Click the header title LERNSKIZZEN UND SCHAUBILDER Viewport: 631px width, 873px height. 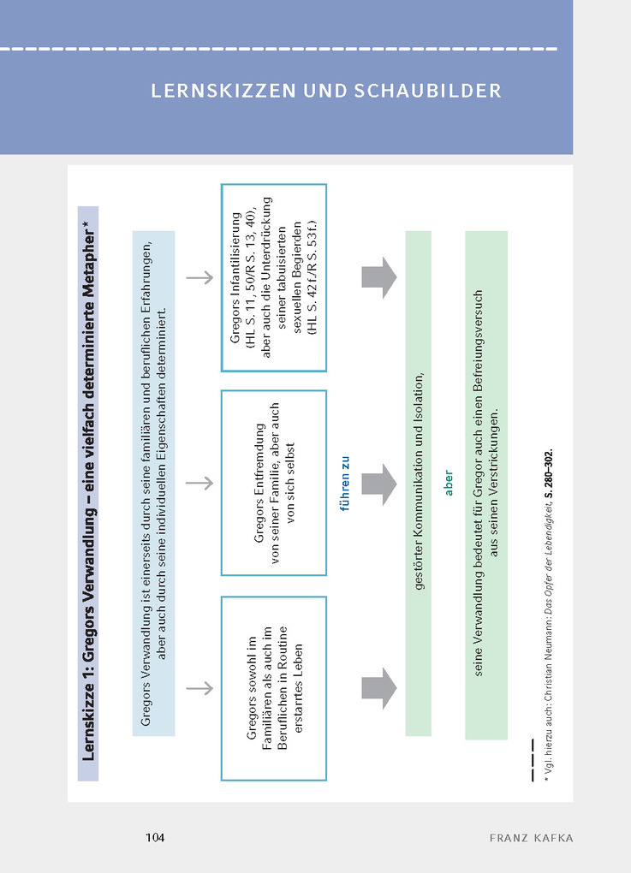click(326, 92)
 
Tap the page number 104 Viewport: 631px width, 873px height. click(154, 836)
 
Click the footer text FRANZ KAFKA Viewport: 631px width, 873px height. click(531, 837)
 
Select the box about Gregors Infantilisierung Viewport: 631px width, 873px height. click(273, 277)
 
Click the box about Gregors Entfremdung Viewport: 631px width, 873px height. click(273, 483)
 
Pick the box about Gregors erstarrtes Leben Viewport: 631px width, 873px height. click(273, 688)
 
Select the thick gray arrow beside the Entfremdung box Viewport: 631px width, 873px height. click(379, 484)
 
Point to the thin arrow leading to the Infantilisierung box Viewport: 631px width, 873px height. click(199, 277)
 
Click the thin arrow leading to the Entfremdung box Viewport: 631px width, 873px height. click(199, 483)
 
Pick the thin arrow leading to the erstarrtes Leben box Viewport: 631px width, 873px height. click(199, 688)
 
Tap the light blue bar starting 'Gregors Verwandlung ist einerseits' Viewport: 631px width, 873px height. click(154, 484)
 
